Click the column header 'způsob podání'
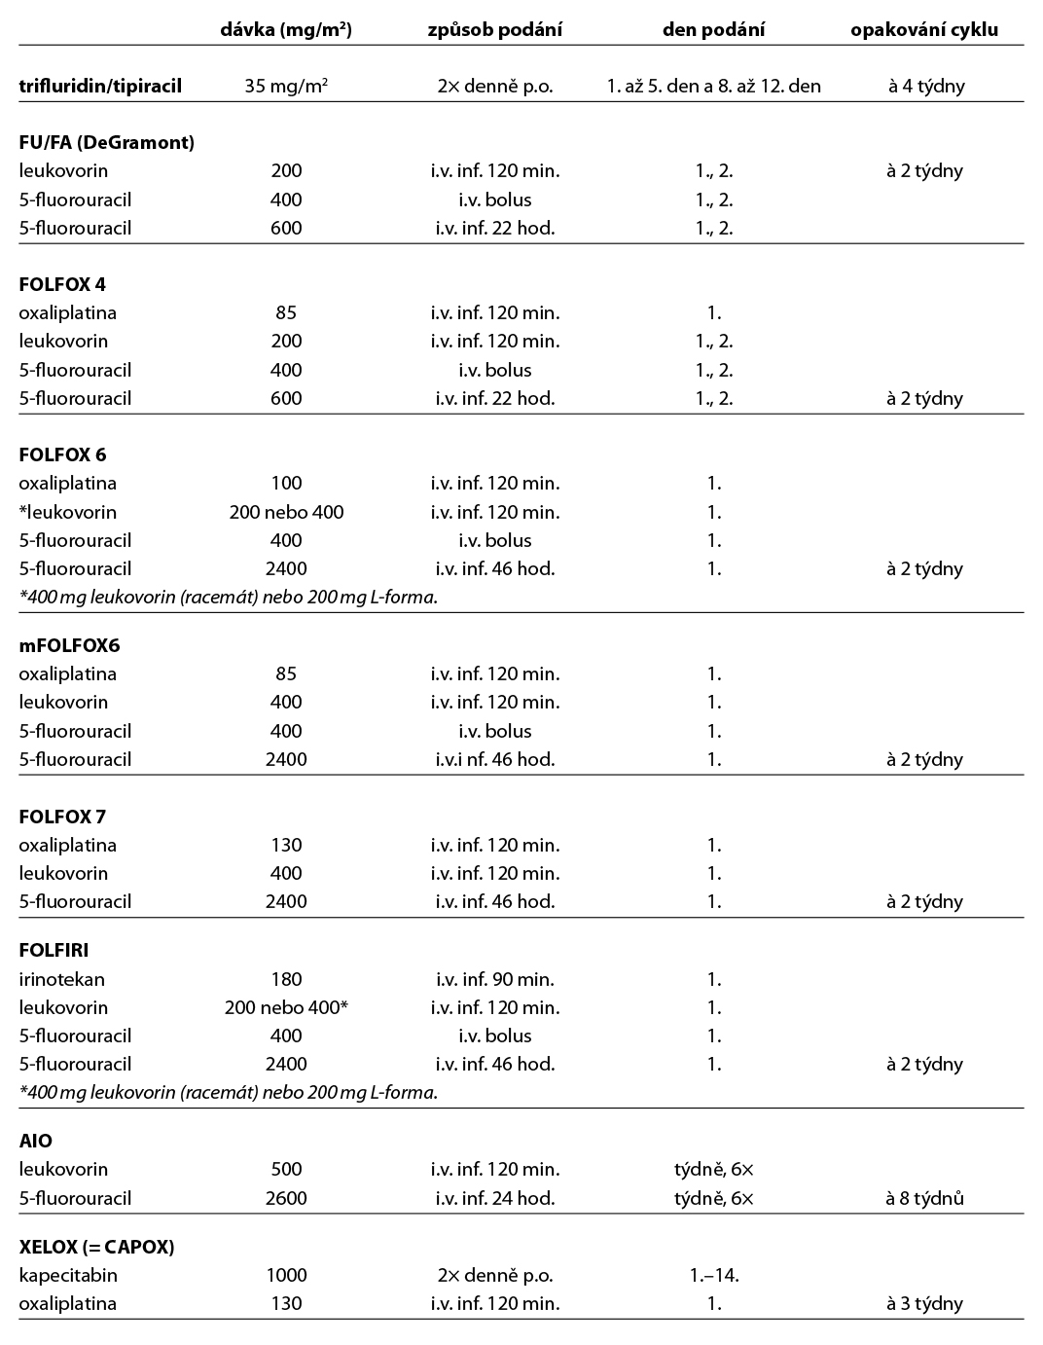pos(494,29)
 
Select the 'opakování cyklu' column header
pos(924,29)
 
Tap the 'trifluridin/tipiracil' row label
pos(100,86)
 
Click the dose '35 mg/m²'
pos(286,86)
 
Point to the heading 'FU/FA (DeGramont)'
pos(107,142)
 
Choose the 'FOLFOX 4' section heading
pos(62,284)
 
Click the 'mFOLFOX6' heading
pos(69,645)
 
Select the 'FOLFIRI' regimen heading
pos(54,950)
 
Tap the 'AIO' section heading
pos(36,1141)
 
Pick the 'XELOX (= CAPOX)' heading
pos(96,1247)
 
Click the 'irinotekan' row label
pos(61,979)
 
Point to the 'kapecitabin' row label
pos(67,1275)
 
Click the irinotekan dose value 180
pos(286,979)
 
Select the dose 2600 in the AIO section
pos(286,1198)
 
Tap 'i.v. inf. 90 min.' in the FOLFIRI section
pos(494,979)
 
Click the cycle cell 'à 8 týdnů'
pos(924,1198)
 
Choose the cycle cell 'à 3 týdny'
pos(924,1303)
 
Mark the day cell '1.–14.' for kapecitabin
pos(713,1275)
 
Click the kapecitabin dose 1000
pos(286,1275)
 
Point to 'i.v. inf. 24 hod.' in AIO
pos(494,1198)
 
